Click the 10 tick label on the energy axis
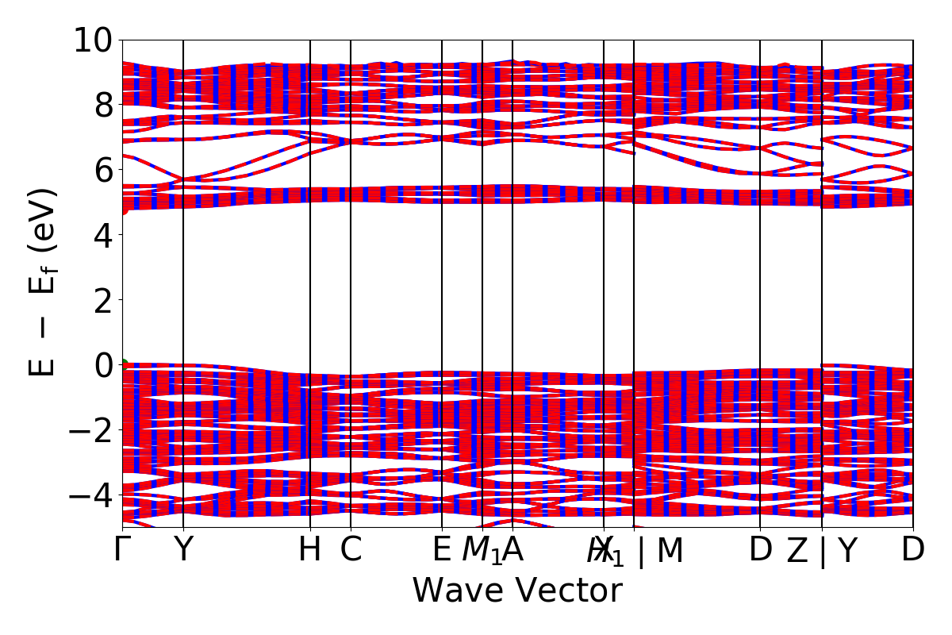(x=94, y=40)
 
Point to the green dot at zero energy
(x=123, y=365)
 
